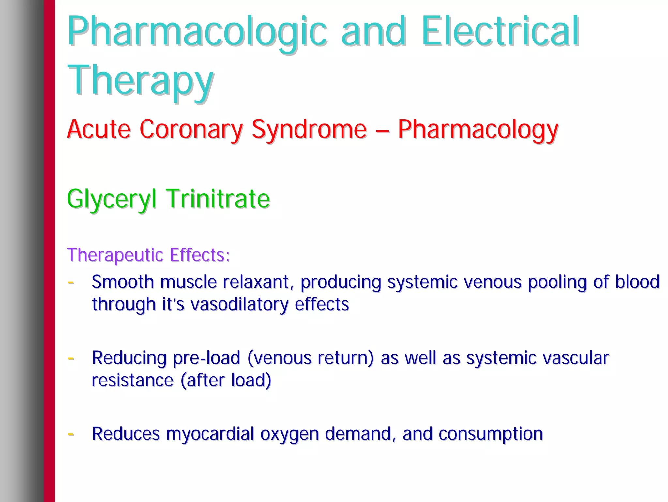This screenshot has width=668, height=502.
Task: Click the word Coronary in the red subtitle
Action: click(191, 129)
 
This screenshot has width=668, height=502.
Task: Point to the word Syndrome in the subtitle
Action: click(309, 129)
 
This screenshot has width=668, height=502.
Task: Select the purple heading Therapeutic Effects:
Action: click(148, 255)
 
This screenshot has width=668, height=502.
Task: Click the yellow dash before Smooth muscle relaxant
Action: click(70, 282)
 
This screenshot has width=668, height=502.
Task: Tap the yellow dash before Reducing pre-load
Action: click(70, 358)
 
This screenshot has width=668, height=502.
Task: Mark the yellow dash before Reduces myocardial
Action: click(70, 434)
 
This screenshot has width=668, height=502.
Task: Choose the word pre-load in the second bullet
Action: click(206, 358)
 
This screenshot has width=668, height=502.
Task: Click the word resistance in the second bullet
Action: click(132, 380)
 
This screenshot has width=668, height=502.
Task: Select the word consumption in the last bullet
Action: click(491, 434)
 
